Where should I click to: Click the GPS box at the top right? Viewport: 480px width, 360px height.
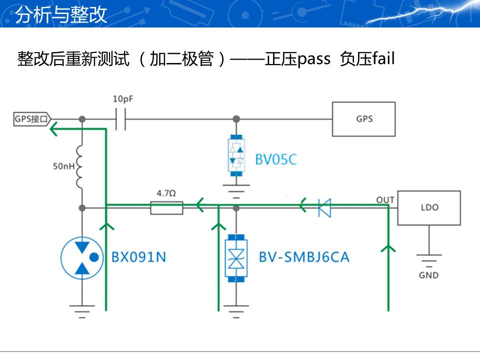click(363, 119)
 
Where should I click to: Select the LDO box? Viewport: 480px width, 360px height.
click(428, 207)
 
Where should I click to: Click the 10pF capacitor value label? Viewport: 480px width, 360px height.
click(123, 99)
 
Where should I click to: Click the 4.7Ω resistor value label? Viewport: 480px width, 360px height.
click(166, 192)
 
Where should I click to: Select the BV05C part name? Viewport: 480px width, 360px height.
click(276, 159)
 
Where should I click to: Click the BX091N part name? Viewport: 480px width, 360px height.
click(138, 257)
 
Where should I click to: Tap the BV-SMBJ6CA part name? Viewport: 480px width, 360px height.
click(304, 257)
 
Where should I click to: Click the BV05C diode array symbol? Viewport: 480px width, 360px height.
click(236, 155)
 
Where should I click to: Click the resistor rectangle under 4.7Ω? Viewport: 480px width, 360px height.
click(166, 207)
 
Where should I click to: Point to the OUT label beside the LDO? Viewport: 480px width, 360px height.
click(385, 200)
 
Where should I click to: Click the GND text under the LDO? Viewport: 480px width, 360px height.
click(428, 275)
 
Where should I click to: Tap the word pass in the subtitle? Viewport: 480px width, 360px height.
click(313, 59)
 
